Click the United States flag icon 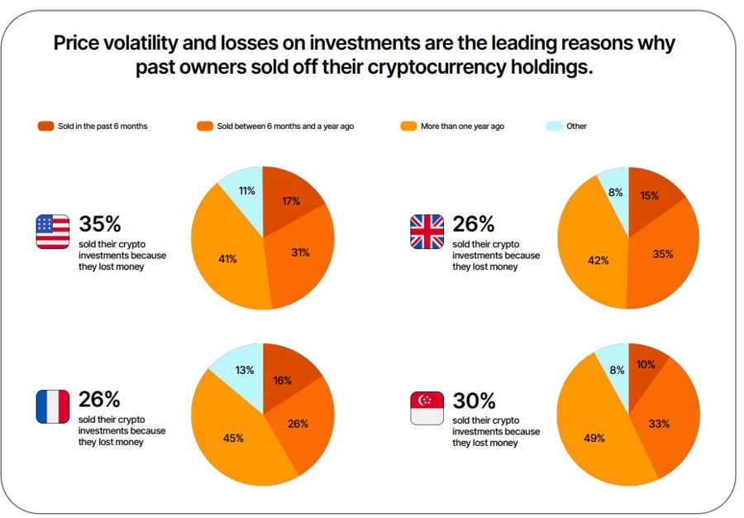coord(53,232)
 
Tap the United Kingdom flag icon coord(427,232)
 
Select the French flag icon coord(53,407)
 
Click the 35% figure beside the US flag coord(100,224)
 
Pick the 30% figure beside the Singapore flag coord(475,400)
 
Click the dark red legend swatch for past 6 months coord(45,127)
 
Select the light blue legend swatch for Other coord(555,127)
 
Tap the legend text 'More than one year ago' coord(462,127)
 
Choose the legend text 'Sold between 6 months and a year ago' coord(285,127)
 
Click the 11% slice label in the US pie coord(247,191)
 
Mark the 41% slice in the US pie coord(227,259)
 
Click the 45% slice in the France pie coord(233,438)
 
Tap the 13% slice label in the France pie coord(245,370)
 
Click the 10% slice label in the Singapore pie coord(646,365)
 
